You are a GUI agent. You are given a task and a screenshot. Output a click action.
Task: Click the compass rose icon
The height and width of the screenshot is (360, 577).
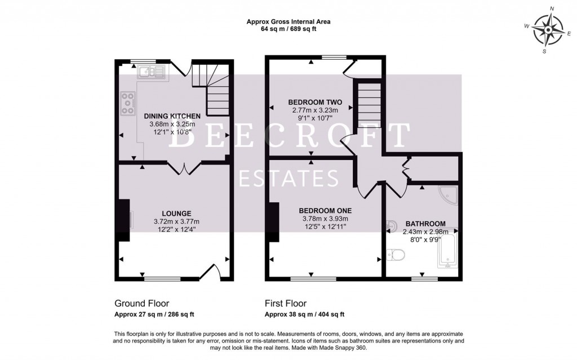pyautogui.click(x=548, y=30)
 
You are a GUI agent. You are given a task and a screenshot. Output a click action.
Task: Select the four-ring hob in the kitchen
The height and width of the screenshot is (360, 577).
pyautogui.click(x=128, y=103)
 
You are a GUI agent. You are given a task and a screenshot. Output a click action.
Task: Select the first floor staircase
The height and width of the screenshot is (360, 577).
pyautogui.click(x=367, y=105)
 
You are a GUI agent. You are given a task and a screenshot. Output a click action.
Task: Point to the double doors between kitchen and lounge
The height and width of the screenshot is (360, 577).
pyautogui.click(x=184, y=167)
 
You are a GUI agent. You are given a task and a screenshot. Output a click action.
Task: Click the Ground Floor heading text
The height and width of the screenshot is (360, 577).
pyautogui.click(x=141, y=303)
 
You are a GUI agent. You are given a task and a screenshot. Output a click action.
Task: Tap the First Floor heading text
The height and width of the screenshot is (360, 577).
pyautogui.click(x=287, y=303)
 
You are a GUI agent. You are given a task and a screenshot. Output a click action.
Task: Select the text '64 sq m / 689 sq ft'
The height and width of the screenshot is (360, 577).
pyautogui.click(x=288, y=29)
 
